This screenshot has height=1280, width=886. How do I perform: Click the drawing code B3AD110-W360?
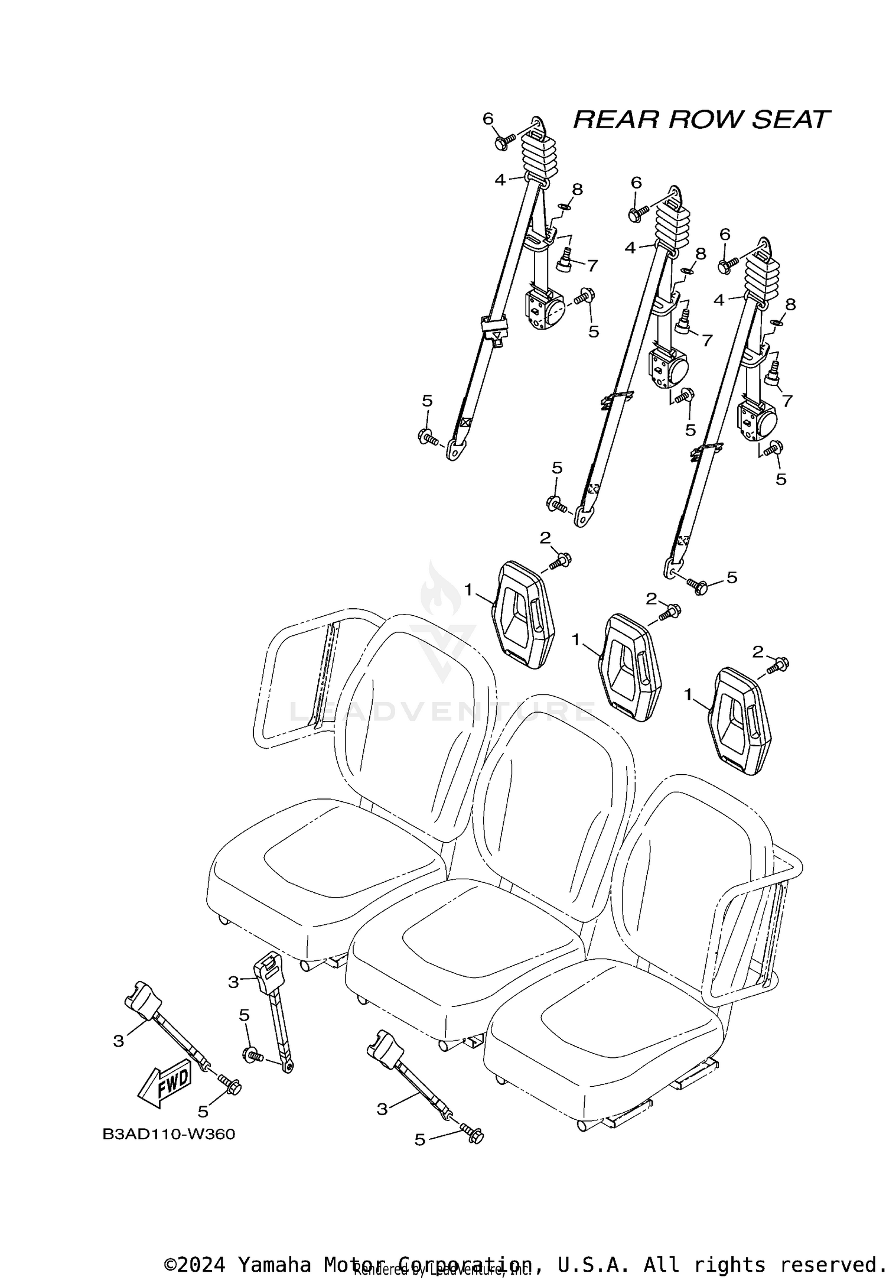point(168,1134)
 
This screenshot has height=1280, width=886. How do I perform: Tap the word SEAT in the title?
point(790,120)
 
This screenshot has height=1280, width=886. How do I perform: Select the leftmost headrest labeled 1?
point(523,615)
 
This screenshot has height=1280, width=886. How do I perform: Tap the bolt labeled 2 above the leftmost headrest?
point(560,560)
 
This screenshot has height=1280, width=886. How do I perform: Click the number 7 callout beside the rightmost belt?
point(787,401)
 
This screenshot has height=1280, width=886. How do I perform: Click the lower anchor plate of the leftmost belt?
point(455,450)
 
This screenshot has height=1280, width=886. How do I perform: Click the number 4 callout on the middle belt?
point(630,248)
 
